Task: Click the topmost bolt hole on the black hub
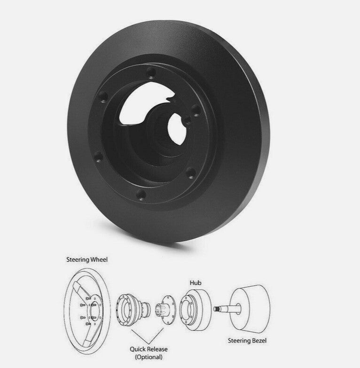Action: (x=151, y=73)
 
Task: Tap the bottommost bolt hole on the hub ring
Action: (x=141, y=195)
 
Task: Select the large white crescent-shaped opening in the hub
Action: (x=143, y=103)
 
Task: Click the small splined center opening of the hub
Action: (x=177, y=129)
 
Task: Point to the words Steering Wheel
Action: (x=87, y=259)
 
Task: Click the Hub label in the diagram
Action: (x=196, y=283)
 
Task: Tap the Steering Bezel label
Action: (x=247, y=341)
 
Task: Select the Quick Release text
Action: (x=149, y=349)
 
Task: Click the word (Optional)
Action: (x=149, y=357)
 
